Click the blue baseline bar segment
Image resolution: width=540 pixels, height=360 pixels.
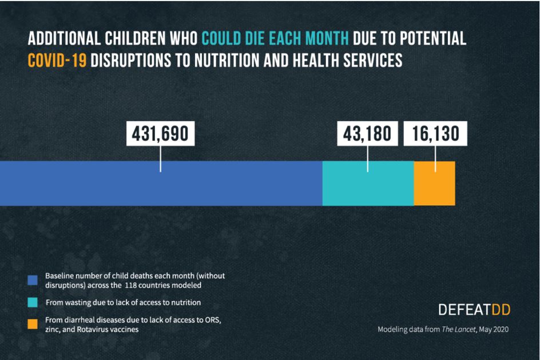[x=161, y=183]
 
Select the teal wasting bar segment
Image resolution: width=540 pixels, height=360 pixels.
[x=368, y=183]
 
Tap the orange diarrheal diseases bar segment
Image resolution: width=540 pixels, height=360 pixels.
[x=434, y=183]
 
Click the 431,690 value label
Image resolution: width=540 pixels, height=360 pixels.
[x=160, y=134]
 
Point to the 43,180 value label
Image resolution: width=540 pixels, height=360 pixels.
[x=367, y=134]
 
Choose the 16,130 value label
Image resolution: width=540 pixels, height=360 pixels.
[x=435, y=134]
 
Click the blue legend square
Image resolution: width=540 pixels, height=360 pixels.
[x=33, y=280]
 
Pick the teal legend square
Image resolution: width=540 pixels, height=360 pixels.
[x=33, y=302]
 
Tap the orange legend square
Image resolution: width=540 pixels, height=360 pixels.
[x=33, y=325]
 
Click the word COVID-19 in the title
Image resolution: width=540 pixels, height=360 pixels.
[x=57, y=60]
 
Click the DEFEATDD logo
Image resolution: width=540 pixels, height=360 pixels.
[x=474, y=310]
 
